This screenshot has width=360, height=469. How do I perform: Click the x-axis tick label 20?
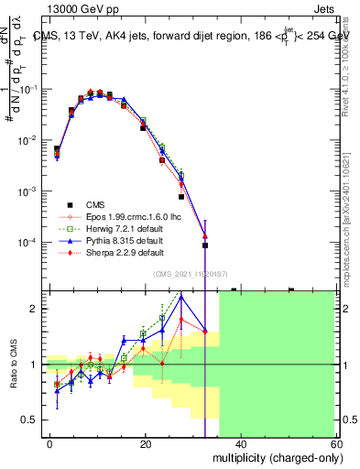(145, 444)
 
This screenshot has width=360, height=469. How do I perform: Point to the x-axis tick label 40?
(240, 444)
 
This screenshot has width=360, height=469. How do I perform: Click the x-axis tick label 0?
(50, 444)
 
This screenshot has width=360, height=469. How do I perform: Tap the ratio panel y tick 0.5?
(34, 420)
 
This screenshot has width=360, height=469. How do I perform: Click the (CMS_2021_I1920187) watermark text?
(187, 273)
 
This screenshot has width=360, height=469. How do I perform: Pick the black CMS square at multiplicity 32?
(205, 245)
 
